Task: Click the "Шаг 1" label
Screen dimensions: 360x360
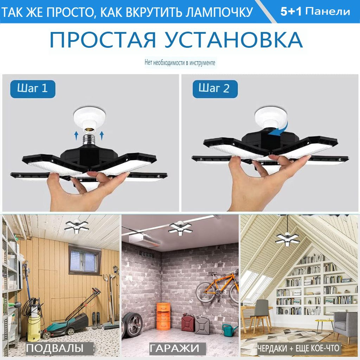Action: (32, 88)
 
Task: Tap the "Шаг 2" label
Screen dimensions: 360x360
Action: (214, 89)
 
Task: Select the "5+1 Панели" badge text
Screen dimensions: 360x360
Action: (315, 11)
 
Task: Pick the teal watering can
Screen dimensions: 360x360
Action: (229, 330)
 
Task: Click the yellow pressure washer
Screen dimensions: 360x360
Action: (34, 325)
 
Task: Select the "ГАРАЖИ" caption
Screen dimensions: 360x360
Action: (175, 348)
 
